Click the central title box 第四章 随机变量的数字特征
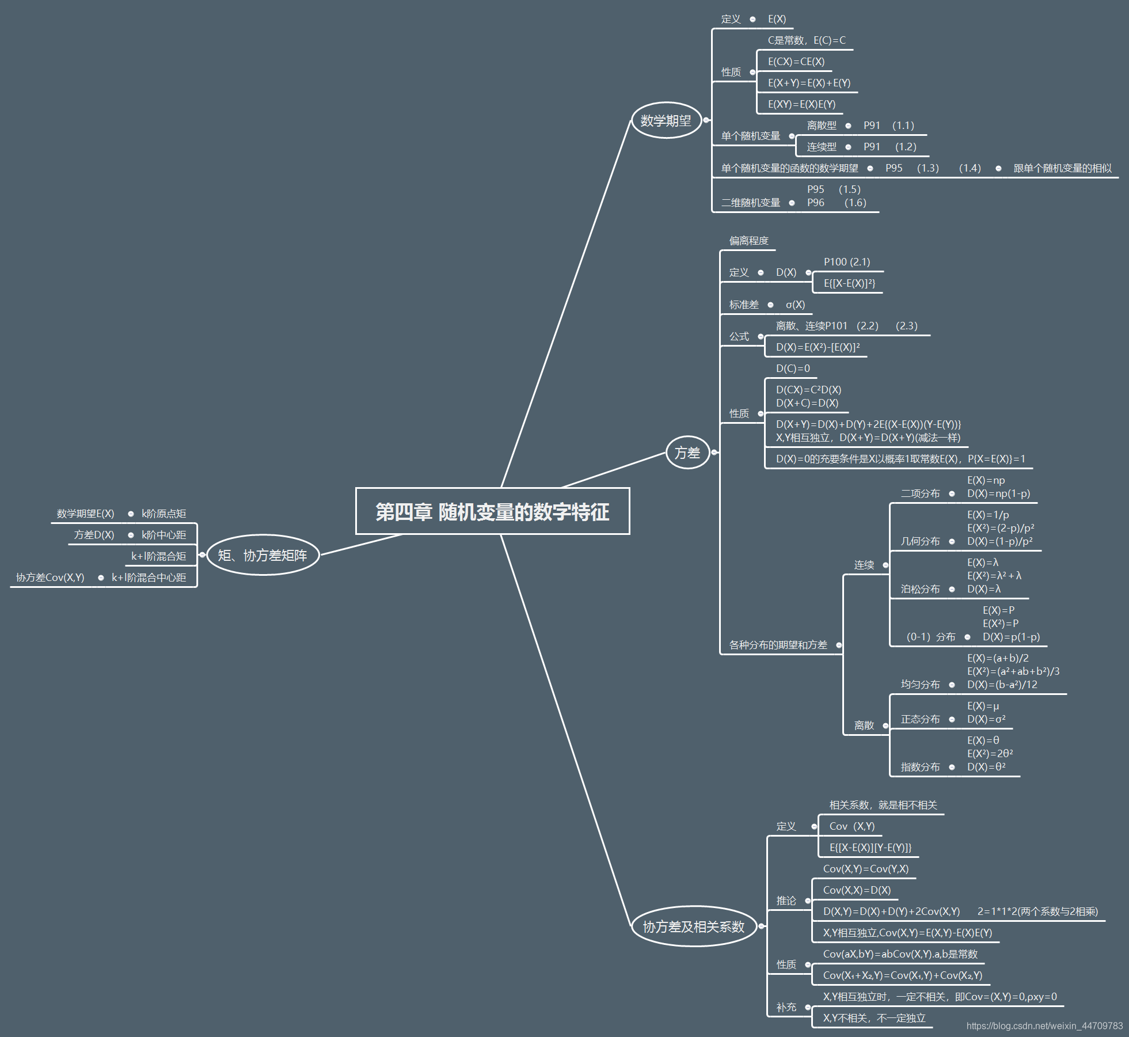[x=492, y=511]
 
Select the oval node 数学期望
[x=666, y=120]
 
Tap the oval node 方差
[x=687, y=453]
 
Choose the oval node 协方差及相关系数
[x=694, y=926]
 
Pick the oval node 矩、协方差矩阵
[x=263, y=555]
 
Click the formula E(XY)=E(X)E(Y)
[x=801, y=104]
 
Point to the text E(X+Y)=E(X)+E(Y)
[x=809, y=83]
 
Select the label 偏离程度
[x=748, y=241]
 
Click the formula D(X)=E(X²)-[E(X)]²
[x=818, y=347]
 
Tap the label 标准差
[x=744, y=305]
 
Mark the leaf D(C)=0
[x=793, y=369]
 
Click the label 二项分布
[x=920, y=493]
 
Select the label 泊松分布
[x=920, y=589]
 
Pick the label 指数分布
[x=920, y=767]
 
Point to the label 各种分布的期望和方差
[x=778, y=645]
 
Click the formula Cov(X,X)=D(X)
[x=857, y=890]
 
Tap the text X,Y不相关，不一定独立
[x=874, y=1018]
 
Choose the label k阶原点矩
[x=164, y=514]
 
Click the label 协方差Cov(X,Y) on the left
[x=50, y=578]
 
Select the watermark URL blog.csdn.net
[x=1044, y=1025]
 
